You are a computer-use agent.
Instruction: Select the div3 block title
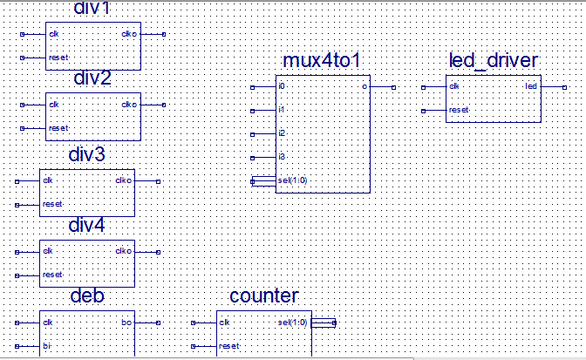click(87, 155)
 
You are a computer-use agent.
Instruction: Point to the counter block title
click(263, 296)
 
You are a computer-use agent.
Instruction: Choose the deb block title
click(87, 296)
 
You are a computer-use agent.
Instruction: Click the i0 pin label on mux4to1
click(281, 86)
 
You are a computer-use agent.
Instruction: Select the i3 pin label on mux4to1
click(281, 157)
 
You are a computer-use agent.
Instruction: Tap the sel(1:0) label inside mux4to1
click(291, 180)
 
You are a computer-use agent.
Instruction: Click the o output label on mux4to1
click(364, 86)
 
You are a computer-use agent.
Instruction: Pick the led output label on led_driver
click(531, 86)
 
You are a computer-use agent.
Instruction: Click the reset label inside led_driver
click(459, 110)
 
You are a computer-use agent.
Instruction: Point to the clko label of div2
click(129, 105)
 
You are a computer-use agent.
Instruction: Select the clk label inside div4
click(47, 251)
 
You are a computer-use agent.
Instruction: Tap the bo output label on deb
click(126, 323)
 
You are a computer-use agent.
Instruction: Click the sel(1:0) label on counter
click(292, 323)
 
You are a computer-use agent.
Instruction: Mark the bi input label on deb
click(46, 346)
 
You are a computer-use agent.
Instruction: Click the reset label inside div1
click(58, 58)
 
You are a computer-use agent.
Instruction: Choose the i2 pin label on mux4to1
click(281, 133)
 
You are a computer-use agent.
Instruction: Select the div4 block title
click(87, 227)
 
